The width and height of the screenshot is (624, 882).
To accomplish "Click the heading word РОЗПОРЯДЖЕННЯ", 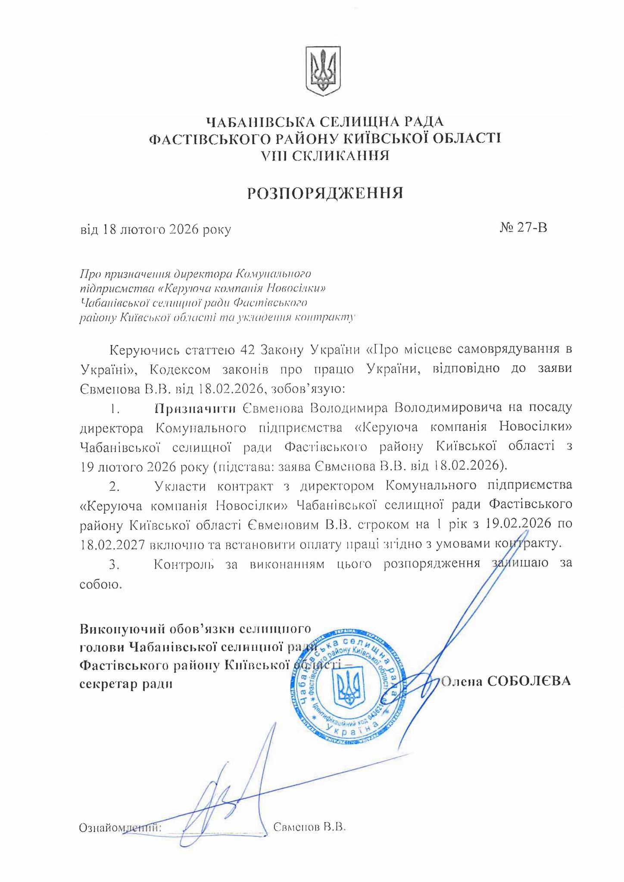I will pos(325,193).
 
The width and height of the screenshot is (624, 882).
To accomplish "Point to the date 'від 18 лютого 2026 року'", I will pos(156,229).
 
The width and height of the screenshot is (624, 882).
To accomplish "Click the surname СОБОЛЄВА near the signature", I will pos(529,680).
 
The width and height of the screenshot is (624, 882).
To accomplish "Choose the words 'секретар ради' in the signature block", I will pos(126,683).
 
